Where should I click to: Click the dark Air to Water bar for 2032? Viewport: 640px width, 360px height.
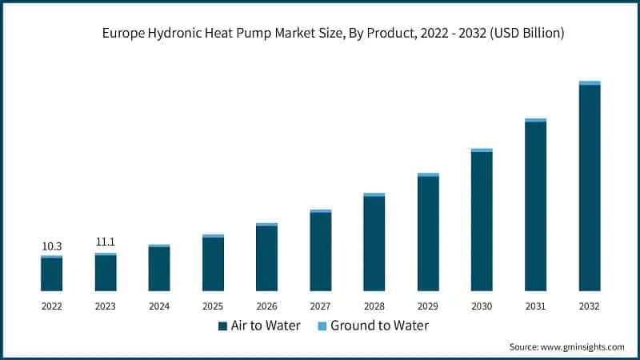click(x=590, y=187)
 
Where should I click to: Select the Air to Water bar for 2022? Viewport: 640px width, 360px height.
click(x=52, y=274)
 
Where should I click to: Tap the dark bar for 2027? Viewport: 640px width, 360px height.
click(x=320, y=251)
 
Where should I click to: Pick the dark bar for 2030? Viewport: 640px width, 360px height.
click(x=482, y=221)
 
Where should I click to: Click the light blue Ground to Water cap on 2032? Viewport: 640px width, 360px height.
click(x=590, y=82)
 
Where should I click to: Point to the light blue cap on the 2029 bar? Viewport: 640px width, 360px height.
click(x=428, y=174)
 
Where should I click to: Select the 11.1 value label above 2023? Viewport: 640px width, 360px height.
click(x=106, y=242)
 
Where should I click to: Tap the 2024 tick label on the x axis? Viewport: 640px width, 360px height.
click(x=159, y=306)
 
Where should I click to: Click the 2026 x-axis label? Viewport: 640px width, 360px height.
click(x=266, y=306)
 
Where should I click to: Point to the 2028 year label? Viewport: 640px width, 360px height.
click(x=374, y=306)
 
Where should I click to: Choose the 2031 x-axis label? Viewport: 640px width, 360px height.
click(x=535, y=306)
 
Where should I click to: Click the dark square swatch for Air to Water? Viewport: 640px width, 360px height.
click(x=222, y=326)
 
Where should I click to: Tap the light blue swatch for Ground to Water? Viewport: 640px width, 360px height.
click(x=322, y=326)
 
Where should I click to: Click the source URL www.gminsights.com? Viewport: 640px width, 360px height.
click(x=584, y=347)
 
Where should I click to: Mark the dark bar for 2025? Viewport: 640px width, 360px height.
click(x=213, y=263)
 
